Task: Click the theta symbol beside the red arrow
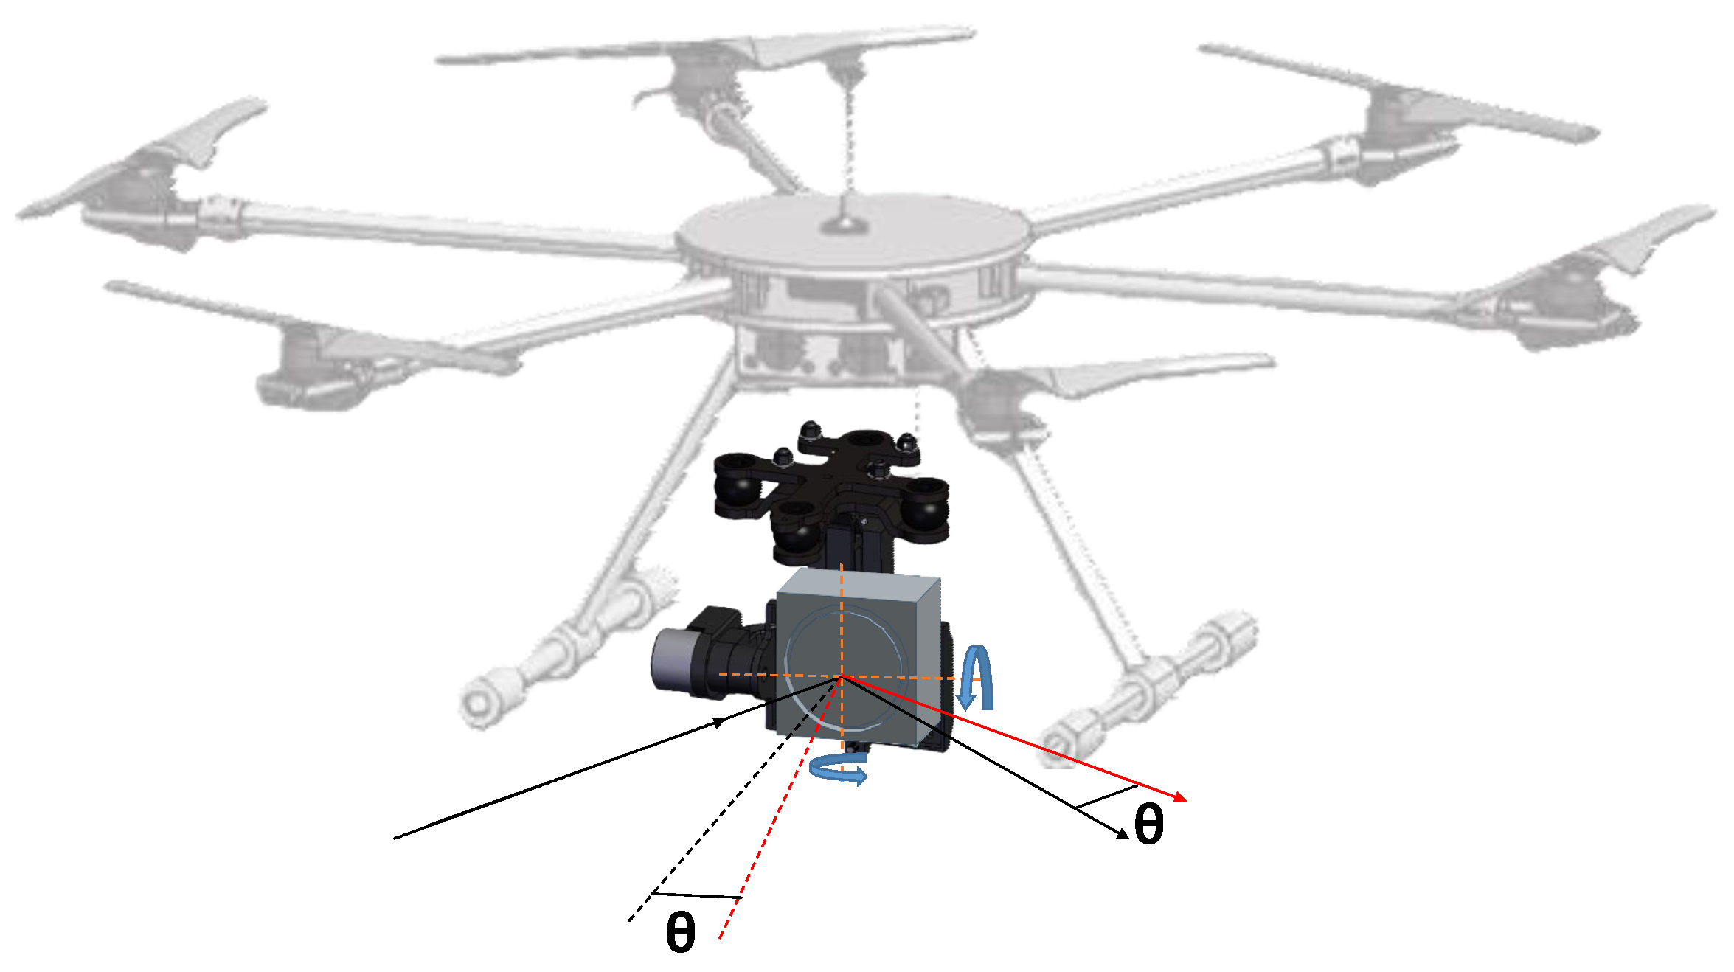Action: [x=1148, y=824]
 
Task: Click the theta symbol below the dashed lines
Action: [x=680, y=931]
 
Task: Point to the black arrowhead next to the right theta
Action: [x=1122, y=834]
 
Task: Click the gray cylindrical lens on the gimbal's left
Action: [x=671, y=661]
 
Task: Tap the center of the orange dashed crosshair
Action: [x=842, y=676]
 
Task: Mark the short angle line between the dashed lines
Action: [x=696, y=895]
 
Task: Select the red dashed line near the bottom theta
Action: [x=780, y=808]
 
